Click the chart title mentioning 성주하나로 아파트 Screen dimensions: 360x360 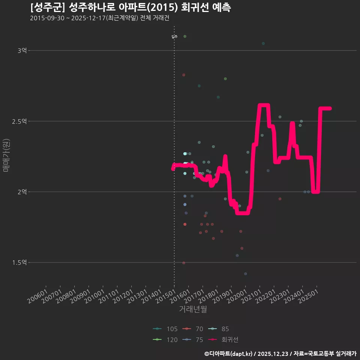(x=130, y=7)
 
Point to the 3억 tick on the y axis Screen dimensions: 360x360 (x=22, y=51)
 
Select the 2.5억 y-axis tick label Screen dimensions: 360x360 (x=19, y=121)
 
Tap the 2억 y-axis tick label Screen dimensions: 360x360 (x=22, y=192)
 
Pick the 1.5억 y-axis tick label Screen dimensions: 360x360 (x=19, y=262)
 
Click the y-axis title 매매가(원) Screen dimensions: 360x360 (x=6, y=155)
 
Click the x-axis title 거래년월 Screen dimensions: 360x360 (x=193, y=309)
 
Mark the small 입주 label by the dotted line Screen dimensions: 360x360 (x=174, y=37)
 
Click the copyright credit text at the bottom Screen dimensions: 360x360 (x=280, y=354)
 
